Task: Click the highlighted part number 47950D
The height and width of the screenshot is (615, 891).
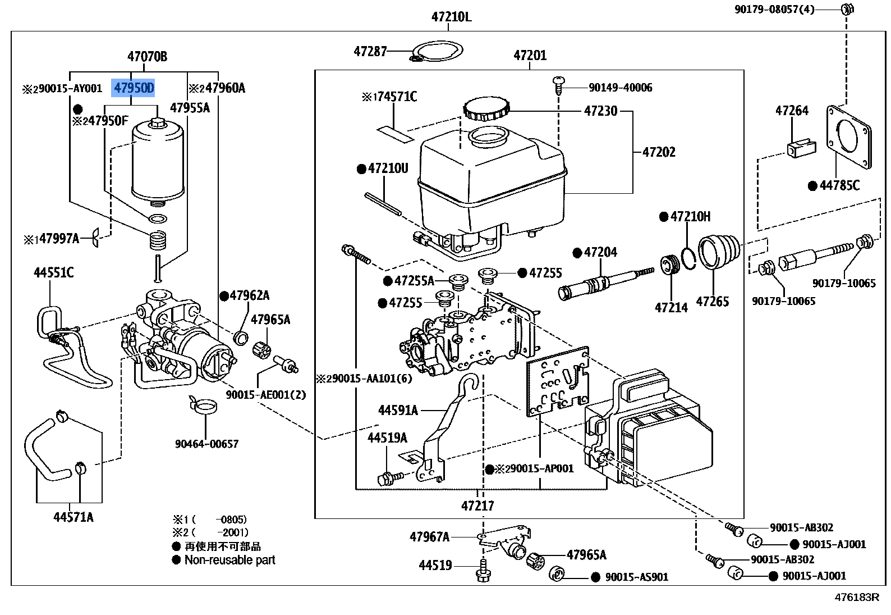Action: (x=134, y=88)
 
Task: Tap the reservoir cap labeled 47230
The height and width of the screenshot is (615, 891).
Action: (x=486, y=109)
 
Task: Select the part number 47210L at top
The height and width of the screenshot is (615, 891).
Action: (x=451, y=17)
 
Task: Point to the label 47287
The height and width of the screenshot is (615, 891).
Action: (x=370, y=52)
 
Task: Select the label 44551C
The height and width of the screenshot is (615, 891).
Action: (x=53, y=273)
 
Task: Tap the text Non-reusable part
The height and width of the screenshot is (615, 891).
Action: (x=229, y=560)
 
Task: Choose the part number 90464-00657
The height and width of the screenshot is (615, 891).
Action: (x=206, y=444)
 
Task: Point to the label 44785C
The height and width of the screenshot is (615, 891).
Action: (x=839, y=186)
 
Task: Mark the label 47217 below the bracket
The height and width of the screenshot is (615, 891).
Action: (x=477, y=505)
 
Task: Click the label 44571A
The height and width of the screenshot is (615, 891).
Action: (x=74, y=517)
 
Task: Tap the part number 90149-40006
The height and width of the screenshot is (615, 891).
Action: (x=620, y=88)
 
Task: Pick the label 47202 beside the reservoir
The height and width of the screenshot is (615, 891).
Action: (x=659, y=152)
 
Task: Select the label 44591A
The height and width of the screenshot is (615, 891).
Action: (x=398, y=411)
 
